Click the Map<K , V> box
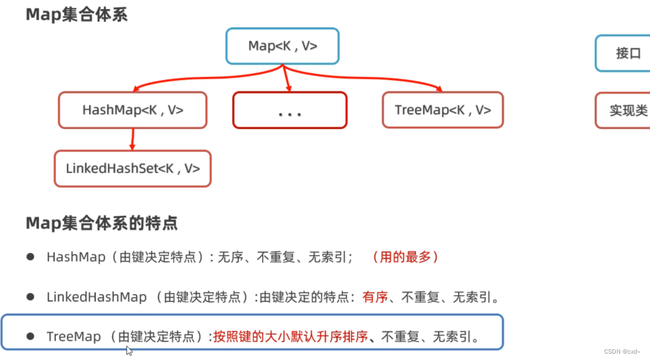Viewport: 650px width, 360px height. point(282,46)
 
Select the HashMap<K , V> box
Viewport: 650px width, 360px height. point(132,110)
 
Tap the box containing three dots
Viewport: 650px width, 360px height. point(289,111)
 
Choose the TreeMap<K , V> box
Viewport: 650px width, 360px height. point(443,110)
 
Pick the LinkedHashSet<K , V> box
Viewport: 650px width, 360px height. point(132,169)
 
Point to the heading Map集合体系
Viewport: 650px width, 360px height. point(76,15)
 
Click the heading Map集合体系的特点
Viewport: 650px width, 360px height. point(102,223)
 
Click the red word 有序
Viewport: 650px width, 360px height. point(375,296)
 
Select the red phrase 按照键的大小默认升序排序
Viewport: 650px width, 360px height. point(291,336)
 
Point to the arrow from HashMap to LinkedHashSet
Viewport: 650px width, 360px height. point(132,139)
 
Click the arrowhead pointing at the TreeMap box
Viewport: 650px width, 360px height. point(438,88)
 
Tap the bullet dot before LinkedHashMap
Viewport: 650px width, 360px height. point(30,296)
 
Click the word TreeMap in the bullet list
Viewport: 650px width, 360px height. point(73,336)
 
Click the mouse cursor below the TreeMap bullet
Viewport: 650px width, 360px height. point(129,350)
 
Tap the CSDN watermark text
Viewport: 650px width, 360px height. point(621,351)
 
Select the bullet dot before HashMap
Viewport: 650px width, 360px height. point(30,257)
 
